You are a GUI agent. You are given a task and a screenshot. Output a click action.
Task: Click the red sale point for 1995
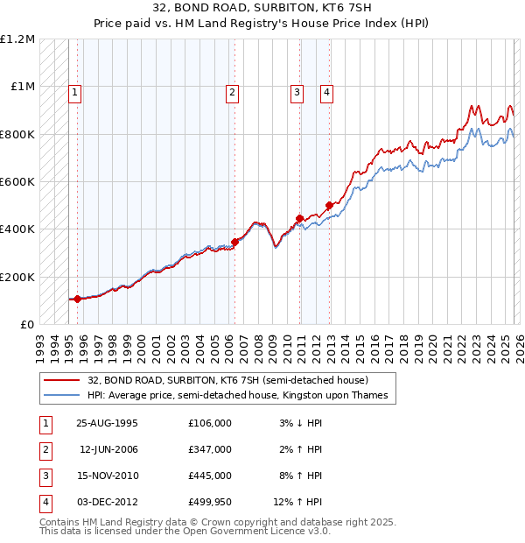click(x=77, y=299)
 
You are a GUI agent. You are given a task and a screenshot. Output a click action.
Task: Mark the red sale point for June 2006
click(x=234, y=242)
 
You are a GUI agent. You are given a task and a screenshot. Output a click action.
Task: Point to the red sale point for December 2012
click(x=329, y=206)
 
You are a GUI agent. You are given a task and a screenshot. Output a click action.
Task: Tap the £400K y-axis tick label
click(x=18, y=229)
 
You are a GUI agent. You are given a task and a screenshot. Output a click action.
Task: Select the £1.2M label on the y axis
click(x=18, y=39)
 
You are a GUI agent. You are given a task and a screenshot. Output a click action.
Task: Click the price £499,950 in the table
click(x=209, y=502)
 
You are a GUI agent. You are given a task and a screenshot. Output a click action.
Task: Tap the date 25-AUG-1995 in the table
click(x=108, y=423)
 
